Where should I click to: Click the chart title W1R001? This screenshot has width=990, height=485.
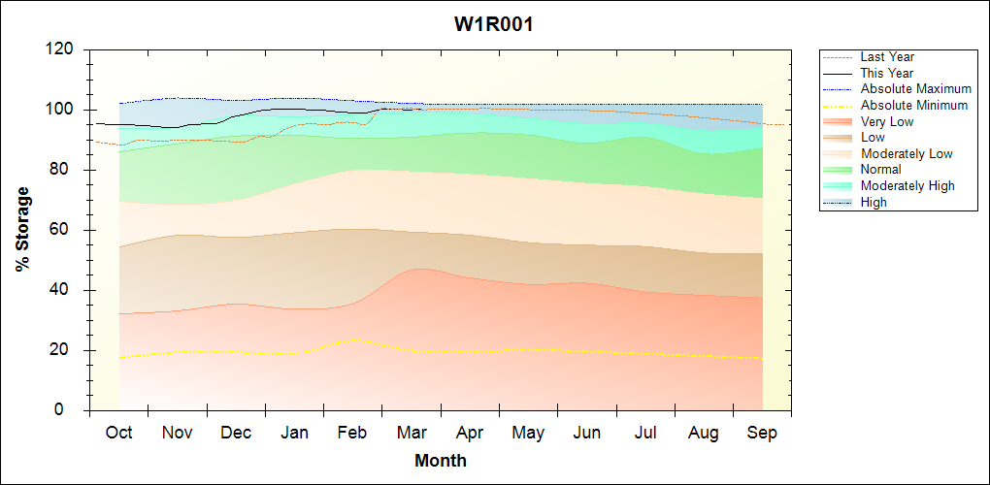pyautogui.click(x=494, y=24)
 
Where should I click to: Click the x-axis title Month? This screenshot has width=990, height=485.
pyautogui.click(x=441, y=461)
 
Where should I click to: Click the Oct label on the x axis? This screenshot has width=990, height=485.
pyautogui.click(x=119, y=433)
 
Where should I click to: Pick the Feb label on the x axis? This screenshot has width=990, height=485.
pyautogui.click(x=352, y=433)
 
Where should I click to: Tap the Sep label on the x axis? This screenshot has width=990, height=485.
pyautogui.click(x=762, y=433)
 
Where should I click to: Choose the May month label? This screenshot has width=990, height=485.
pyautogui.click(x=528, y=433)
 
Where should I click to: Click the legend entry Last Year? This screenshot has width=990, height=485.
pyautogui.click(x=887, y=57)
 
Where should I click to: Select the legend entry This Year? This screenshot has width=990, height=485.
pyautogui.click(x=887, y=73)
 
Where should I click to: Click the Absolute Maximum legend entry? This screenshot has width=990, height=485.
pyautogui.click(x=915, y=89)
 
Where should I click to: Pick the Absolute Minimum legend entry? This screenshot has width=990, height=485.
pyautogui.click(x=914, y=105)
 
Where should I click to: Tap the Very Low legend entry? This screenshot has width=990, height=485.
pyautogui.click(x=887, y=121)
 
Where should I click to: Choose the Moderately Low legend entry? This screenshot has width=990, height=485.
pyautogui.click(x=907, y=153)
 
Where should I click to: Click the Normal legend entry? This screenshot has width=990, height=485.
pyautogui.click(x=881, y=170)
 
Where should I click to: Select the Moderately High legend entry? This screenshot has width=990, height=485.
pyautogui.click(x=907, y=185)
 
